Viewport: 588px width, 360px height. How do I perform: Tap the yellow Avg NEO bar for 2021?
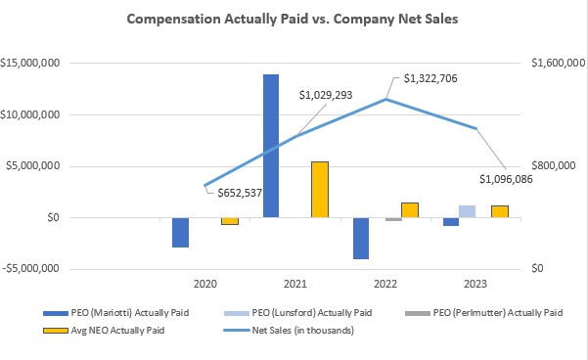[319, 190]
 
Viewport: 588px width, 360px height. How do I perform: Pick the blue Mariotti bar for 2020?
[180, 232]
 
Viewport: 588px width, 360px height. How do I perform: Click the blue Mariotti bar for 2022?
[361, 238]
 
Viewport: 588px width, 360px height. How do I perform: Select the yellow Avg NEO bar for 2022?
[409, 209]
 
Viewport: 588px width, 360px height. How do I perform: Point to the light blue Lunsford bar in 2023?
[467, 211]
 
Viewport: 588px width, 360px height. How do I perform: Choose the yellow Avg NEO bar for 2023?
[499, 211]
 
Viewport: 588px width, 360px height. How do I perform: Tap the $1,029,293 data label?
[326, 96]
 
